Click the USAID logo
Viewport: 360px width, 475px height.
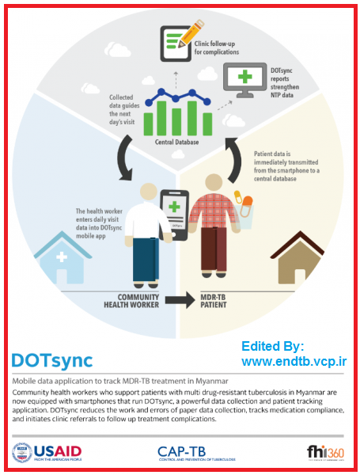[47, 453]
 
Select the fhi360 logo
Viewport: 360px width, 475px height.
[325, 453]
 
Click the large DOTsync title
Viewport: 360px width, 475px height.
[51, 360]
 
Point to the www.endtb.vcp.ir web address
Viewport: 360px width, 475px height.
[294, 361]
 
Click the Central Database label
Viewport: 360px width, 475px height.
[176, 142]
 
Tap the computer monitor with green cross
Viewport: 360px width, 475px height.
[245, 80]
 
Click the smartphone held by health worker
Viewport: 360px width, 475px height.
[174, 215]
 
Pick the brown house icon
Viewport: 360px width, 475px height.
[297, 258]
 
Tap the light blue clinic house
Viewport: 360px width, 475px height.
[63, 257]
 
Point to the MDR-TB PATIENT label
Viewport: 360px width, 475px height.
[214, 301]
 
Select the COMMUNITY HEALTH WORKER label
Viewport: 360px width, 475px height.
[131, 301]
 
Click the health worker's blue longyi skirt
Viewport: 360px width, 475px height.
[146, 260]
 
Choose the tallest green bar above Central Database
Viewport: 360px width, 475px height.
[192, 118]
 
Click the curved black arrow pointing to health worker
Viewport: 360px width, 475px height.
[125, 158]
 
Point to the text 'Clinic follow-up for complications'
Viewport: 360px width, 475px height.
[217, 47]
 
